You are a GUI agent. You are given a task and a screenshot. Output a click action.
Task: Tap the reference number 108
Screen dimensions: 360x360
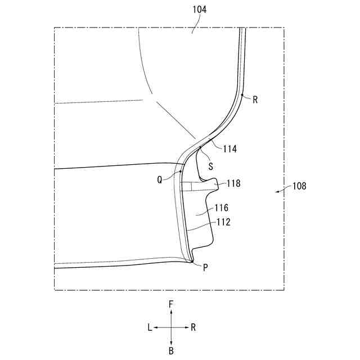pyautogui.click(x=299, y=186)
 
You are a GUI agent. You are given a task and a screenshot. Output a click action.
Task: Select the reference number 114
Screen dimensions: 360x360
pyautogui.click(x=229, y=149)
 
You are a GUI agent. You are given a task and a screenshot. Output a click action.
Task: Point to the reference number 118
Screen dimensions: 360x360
pyautogui.click(x=235, y=183)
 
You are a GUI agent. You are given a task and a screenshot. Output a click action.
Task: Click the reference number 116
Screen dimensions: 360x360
pyautogui.click(x=222, y=208)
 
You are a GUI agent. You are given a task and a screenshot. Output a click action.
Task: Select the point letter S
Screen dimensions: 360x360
pyautogui.click(x=211, y=166)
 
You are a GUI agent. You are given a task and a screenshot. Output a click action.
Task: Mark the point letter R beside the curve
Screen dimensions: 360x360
pyautogui.click(x=255, y=100)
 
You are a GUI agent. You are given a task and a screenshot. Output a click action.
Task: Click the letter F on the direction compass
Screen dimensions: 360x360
pyautogui.click(x=171, y=304)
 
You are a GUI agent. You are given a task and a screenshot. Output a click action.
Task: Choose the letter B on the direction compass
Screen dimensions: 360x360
pyautogui.click(x=171, y=350)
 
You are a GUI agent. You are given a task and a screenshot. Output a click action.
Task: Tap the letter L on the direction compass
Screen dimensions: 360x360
pyautogui.click(x=150, y=327)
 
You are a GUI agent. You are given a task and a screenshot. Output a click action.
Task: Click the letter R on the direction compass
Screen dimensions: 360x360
pyautogui.click(x=193, y=327)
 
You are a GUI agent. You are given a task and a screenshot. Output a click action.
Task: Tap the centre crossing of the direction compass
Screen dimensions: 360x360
pyautogui.click(x=171, y=327)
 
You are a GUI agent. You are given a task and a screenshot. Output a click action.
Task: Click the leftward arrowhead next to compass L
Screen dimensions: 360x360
pyautogui.click(x=157, y=327)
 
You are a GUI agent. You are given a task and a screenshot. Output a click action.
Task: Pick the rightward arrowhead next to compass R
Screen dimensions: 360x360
pyautogui.click(x=186, y=327)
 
